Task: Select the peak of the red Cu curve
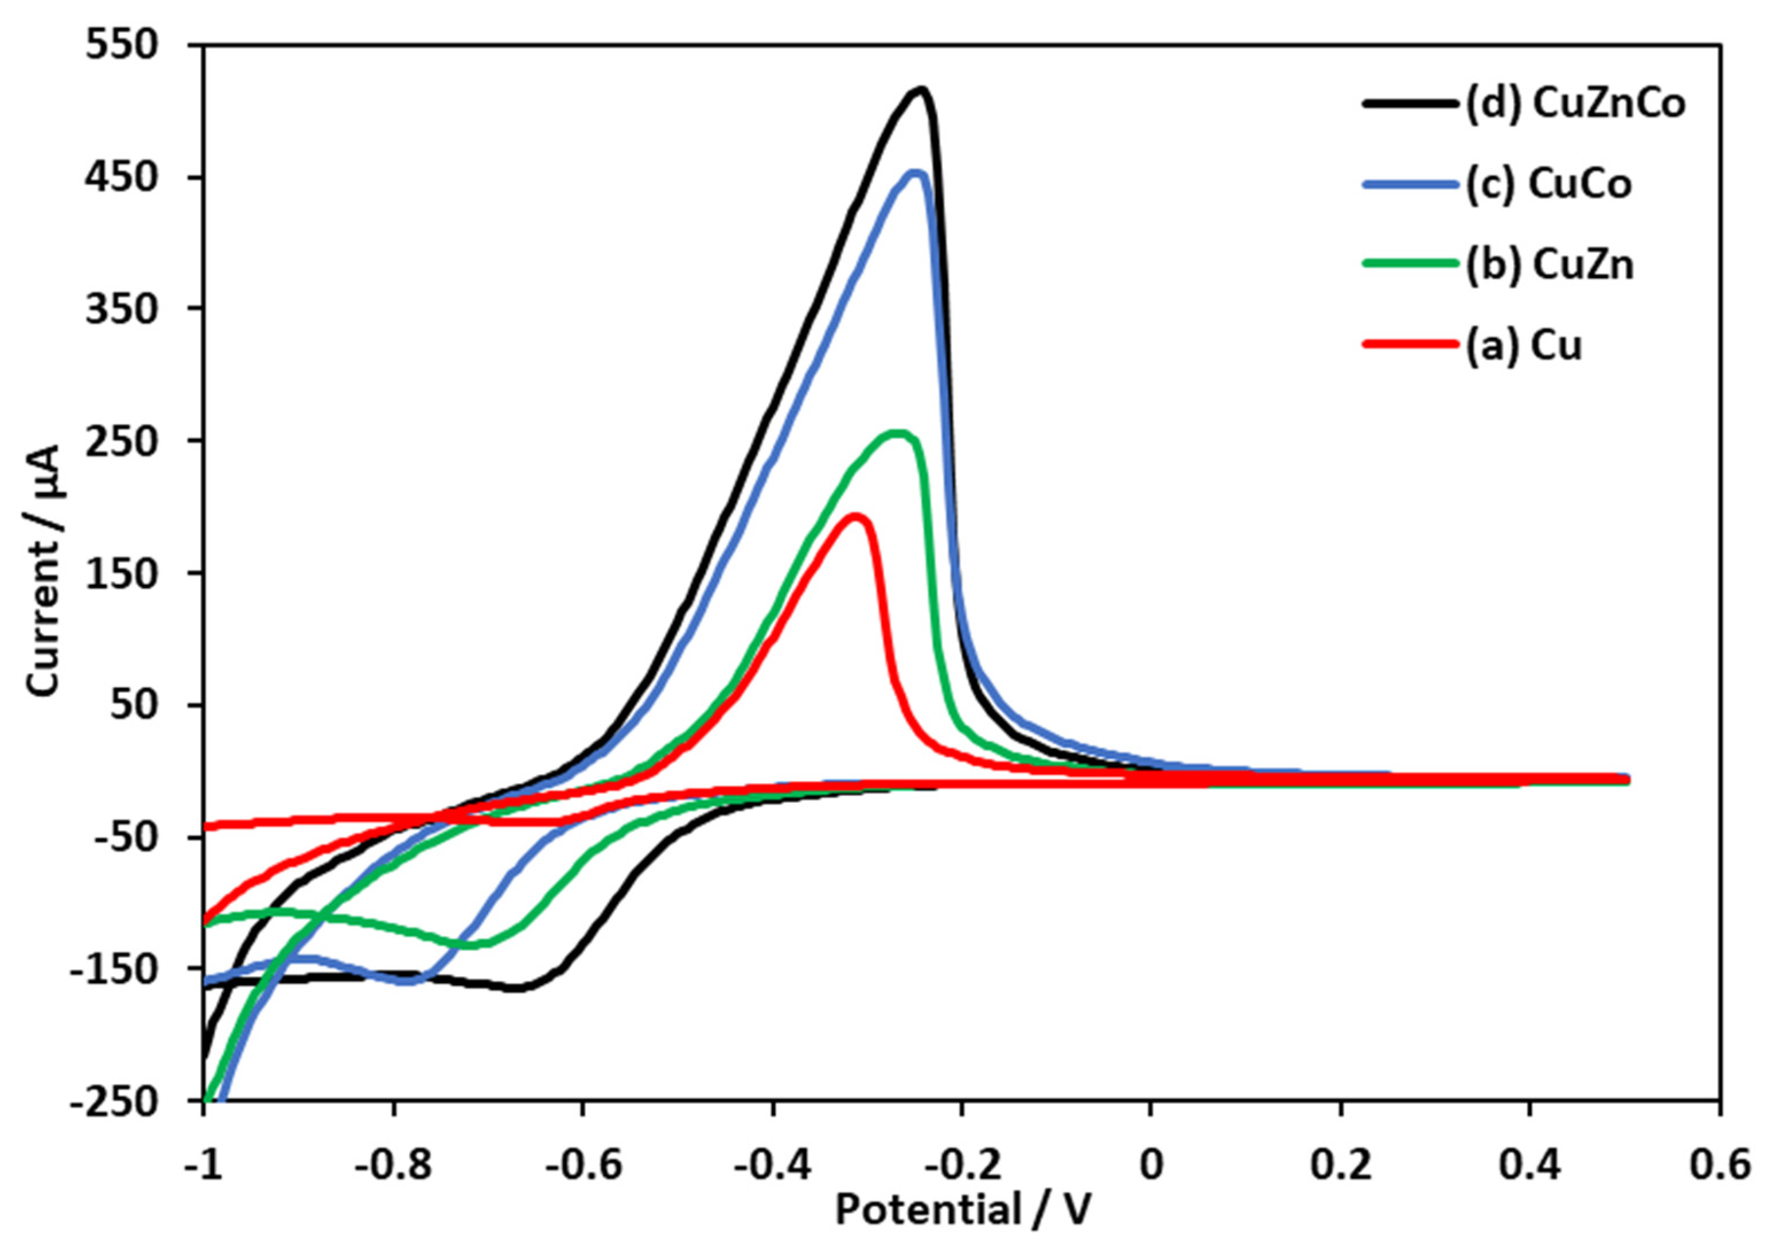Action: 856,516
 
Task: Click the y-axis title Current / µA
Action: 45,570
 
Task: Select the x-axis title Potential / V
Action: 963,1211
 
